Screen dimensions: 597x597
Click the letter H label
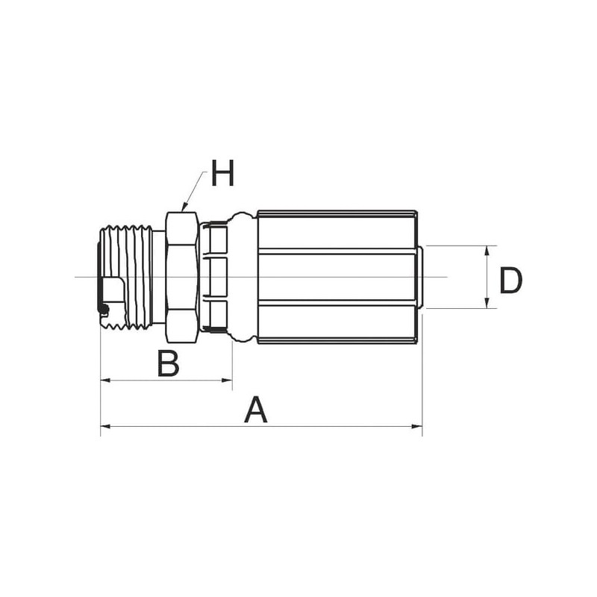point(222,173)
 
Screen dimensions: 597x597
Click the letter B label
point(168,363)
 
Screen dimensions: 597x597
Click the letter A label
point(256,410)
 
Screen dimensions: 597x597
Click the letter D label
point(510,281)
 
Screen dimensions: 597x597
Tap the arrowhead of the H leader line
point(184,208)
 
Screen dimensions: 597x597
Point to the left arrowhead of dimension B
point(104,380)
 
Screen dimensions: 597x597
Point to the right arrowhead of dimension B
point(228,380)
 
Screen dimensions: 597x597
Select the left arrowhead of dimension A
point(105,426)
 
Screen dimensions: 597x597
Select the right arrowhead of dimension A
point(418,426)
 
